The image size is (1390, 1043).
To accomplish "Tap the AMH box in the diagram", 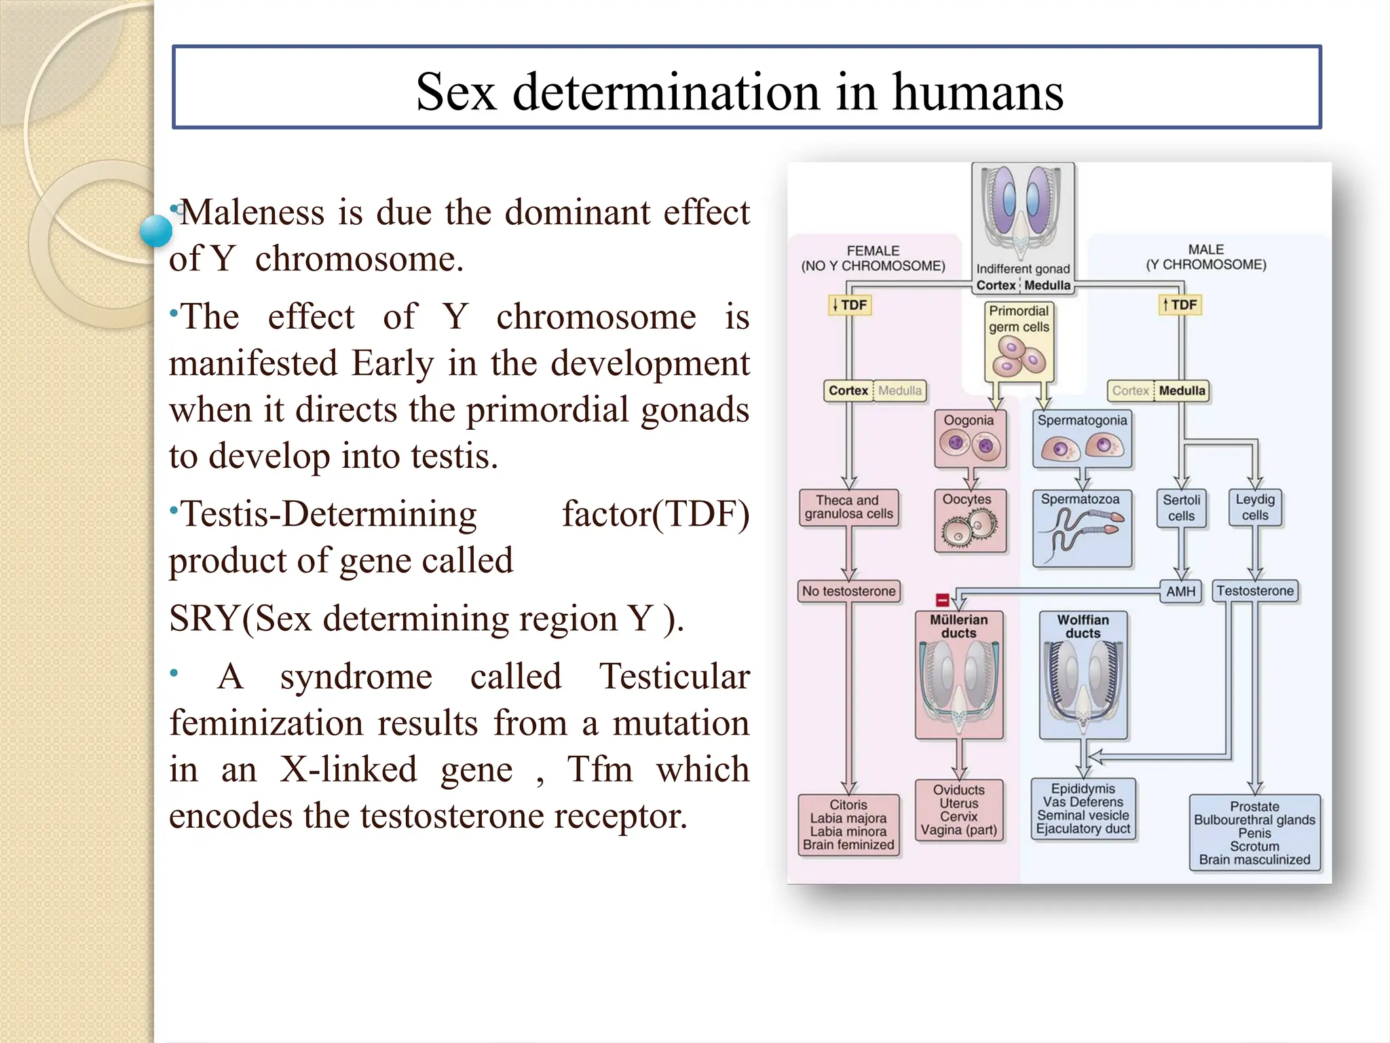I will point(1180,591).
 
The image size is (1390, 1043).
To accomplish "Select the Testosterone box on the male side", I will point(1255,591).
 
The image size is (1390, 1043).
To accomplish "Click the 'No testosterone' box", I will point(848,591).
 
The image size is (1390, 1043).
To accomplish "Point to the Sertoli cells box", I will point(1181,508).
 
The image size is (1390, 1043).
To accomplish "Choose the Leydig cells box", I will point(1255,508).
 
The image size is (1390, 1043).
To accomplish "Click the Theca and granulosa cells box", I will point(848,507).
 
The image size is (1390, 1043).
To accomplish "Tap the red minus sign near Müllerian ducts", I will point(942,600).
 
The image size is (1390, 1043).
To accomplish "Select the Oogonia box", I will point(969,439).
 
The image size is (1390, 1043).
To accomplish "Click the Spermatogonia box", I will point(1082,439).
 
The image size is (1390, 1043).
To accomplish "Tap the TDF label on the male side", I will point(1180,306).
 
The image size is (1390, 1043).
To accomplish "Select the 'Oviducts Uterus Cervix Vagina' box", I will point(958,810).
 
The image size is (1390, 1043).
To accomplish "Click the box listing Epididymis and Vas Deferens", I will point(1083,809).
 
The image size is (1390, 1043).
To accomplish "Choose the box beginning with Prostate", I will point(1254,832).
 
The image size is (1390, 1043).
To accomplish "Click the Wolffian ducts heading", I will point(1083,626).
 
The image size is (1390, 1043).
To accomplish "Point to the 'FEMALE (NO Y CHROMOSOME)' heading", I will point(873,258).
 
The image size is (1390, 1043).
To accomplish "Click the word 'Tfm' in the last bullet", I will point(599,769).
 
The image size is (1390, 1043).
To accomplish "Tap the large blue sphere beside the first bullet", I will point(156,230).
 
